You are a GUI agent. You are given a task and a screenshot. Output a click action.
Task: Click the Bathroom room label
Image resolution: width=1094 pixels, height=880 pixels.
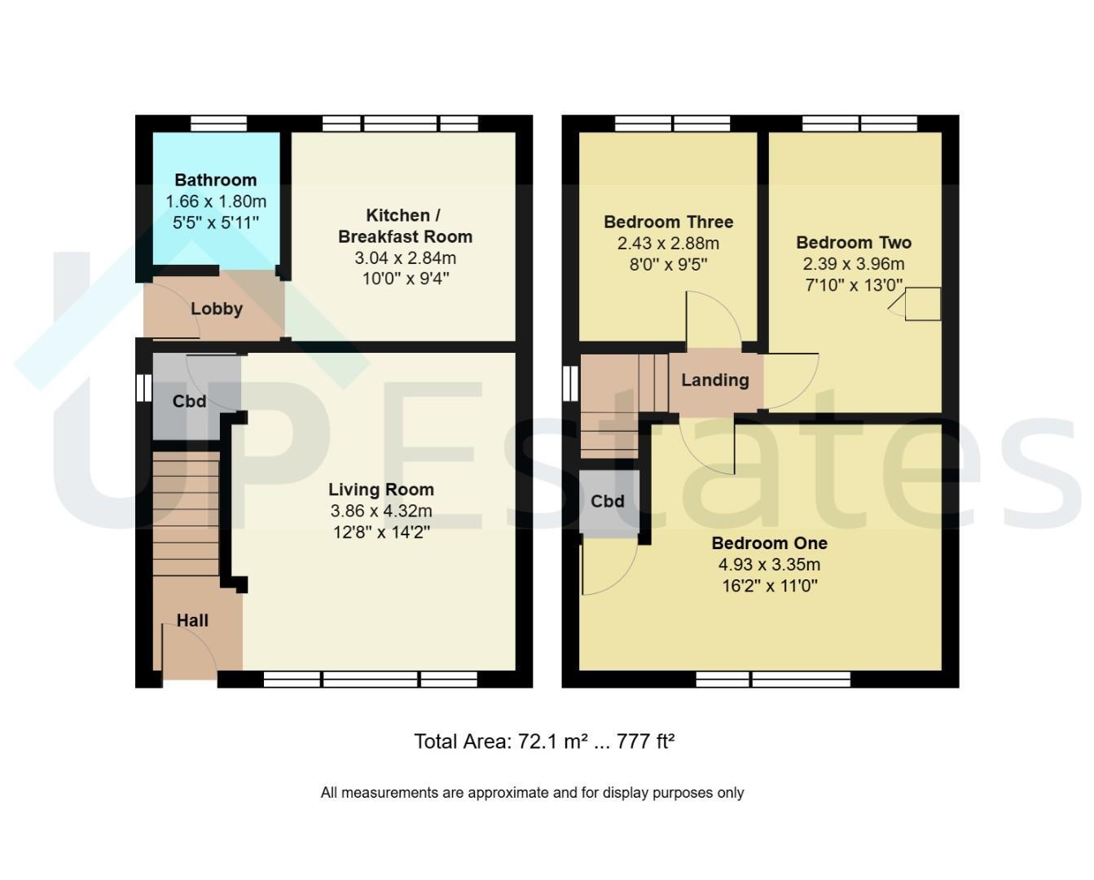pyautogui.click(x=216, y=180)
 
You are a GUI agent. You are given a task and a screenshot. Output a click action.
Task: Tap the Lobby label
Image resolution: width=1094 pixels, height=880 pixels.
pyautogui.click(x=217, y=309)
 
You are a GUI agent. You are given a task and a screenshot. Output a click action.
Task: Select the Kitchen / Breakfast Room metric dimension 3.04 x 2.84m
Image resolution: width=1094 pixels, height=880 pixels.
pyautogui.click(x=405, y=258)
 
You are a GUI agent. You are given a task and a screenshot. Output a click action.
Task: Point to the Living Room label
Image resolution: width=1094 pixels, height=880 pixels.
pyautogui.click(x=381, y=490)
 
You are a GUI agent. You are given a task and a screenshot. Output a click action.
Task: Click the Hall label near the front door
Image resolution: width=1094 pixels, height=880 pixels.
pyautogui.click(x=193, y=620)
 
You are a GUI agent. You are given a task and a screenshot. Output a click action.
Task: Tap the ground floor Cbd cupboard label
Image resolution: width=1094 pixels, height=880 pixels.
pyautogui.click(x=189, y=402)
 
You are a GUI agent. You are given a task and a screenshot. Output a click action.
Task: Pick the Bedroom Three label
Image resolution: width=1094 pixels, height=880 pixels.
pyautogui.click(x=669, y=222)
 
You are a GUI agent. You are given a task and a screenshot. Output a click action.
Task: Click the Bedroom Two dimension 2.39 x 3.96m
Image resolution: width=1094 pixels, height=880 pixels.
pyautogui.click(x=854, y=263)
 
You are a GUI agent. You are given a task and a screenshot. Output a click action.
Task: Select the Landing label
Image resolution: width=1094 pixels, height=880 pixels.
pyautogui.click(x=715, y=380)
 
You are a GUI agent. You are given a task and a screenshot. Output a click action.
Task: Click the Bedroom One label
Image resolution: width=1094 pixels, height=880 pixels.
pyautogui.click(x=770, y=543)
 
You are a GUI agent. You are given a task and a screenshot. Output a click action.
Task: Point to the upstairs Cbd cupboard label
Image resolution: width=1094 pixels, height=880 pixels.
pyautogui.click(x=608, y=502)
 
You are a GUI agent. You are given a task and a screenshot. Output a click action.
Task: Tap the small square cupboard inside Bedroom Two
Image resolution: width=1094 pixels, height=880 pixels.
pyautogui.click(x=923, y=304)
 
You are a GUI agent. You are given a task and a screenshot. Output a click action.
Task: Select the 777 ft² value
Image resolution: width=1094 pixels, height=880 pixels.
pyautogui.click(x=646, y=741)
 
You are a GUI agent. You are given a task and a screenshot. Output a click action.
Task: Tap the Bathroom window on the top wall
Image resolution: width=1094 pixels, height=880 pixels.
pyautogui.click(x=218, y=124)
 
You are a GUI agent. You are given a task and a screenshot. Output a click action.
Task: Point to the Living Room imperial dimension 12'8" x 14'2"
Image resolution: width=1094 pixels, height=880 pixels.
pyautogui.click(x=381, y=533)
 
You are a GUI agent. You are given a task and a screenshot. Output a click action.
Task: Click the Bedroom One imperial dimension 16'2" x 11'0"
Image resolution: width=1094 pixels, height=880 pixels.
pyautogui.click(x=770, y=586)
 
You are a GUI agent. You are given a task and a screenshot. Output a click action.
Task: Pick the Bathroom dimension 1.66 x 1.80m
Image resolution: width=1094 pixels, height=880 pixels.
pyautogui.click(x=216, y=201)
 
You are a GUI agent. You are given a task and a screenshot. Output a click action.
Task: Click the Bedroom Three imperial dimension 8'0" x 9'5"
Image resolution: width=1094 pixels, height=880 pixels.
pyautogui.click(x=669, y=265)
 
